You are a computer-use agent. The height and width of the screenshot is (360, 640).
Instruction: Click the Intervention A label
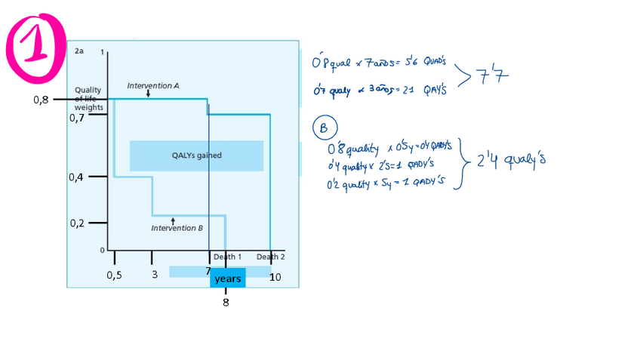point(152,87)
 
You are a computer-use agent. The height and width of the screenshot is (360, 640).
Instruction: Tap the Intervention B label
point(177,228)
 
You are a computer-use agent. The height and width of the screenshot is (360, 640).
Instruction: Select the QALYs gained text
point(196,155)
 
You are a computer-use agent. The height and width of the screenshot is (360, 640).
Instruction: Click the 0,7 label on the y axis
point(77,118)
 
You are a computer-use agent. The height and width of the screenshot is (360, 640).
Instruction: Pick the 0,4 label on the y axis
point(77,177)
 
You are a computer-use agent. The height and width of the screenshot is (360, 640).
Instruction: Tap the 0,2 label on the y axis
point(77,223)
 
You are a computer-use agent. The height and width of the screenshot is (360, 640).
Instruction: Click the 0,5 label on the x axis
point(114,275)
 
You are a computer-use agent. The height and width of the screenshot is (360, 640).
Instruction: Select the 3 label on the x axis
point(154,275)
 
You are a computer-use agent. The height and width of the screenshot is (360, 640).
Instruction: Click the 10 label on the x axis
point(275,277)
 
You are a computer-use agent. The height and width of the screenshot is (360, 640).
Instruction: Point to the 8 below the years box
point(226,303)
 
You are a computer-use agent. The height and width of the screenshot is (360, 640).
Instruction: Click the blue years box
point(227,278)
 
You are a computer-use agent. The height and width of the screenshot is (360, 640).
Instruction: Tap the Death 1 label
point(227,257)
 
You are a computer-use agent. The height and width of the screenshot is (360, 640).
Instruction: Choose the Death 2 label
point(270,257)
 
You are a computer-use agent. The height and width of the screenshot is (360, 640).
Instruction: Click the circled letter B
point(324,128)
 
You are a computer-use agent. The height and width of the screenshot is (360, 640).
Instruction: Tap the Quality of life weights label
point(88,98)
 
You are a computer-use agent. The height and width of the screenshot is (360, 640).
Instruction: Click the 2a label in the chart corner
point(79,51)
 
